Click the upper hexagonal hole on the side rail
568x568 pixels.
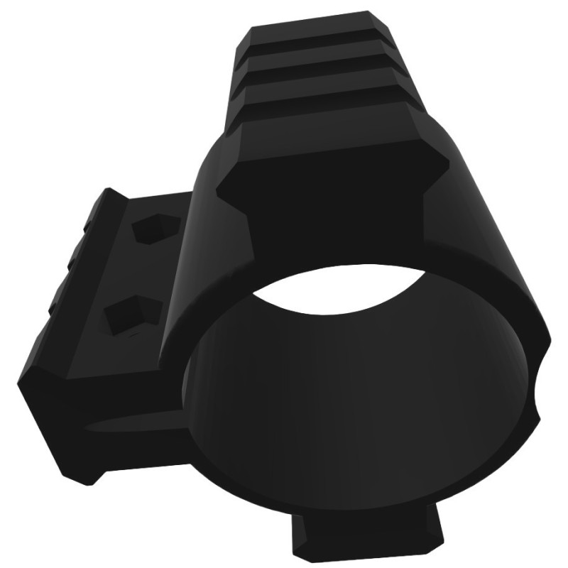click(155, 229)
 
